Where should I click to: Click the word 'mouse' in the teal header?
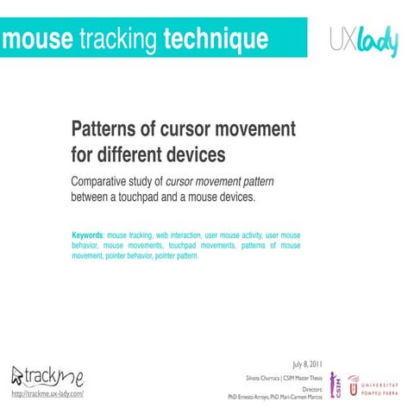pos(37,39)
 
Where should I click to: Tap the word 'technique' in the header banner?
pos(216,39)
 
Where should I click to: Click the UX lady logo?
pos(364,41)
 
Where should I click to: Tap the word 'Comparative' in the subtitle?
pos(108,181)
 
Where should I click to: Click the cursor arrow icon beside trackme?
pos(17,374)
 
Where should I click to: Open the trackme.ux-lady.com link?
pos(47,393)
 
